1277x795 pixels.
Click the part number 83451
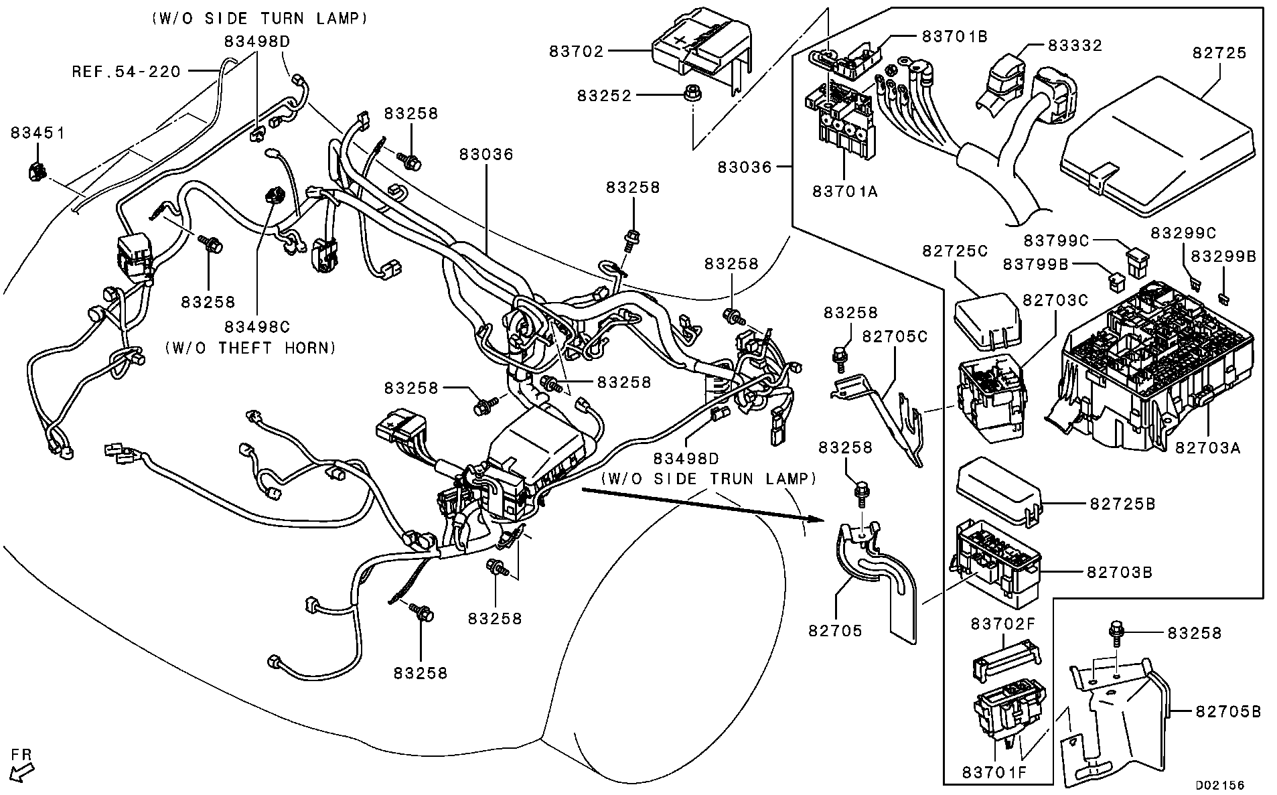37,133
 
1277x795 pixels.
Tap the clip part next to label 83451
36,173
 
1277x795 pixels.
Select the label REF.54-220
127,71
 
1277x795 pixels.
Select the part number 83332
1075,46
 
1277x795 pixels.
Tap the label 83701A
845,192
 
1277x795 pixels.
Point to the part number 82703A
1207,447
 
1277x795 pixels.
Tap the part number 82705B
1228,711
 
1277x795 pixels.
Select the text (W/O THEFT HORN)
250,348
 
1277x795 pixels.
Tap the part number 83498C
257,326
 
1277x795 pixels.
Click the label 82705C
894,336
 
